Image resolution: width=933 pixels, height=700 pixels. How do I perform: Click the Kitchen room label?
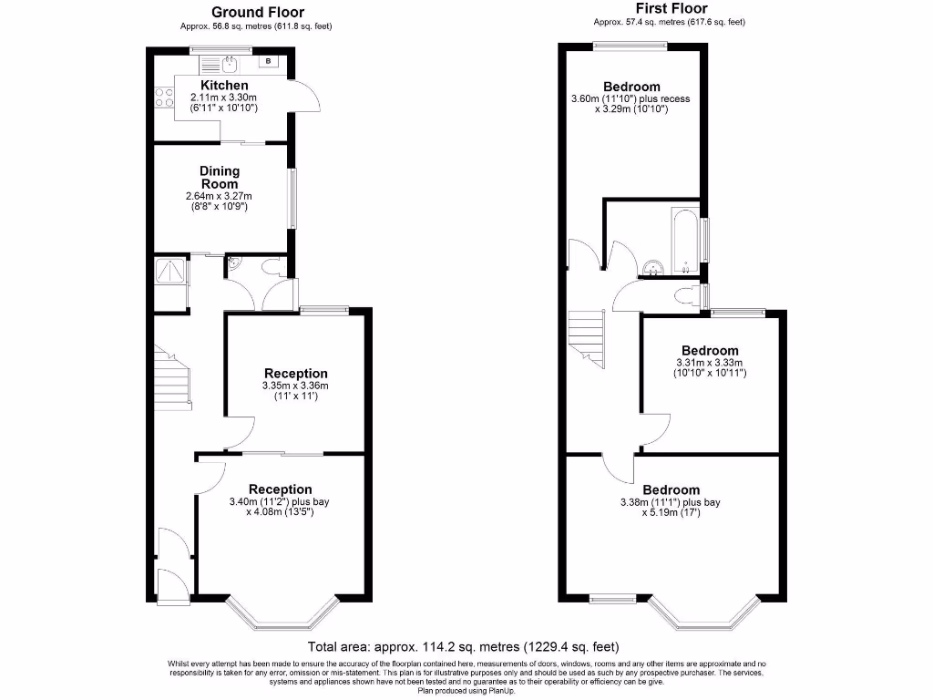click(223, 86)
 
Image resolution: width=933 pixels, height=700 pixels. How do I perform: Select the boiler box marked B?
click(270, 62)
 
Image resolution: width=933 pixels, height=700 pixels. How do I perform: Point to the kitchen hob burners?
click(164, 97)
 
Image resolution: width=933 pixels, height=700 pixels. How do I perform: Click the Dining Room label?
click(220, 177)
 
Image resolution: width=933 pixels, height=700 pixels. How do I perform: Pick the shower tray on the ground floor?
click(170, 271)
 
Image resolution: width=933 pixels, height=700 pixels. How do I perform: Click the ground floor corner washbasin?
click(234, 264)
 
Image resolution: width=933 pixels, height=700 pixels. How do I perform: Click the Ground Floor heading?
click(258, 13)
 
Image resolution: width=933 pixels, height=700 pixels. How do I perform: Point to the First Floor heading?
click(671, 9)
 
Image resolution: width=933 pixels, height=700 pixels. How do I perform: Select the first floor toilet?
click(685, 294)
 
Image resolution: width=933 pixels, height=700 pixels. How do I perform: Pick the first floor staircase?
click(587, 337)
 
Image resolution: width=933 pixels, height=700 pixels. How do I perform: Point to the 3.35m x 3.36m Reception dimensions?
click(295, 386)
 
